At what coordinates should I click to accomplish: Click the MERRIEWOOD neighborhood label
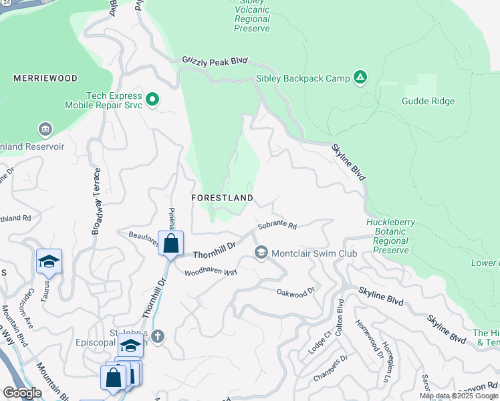tap(45, 78)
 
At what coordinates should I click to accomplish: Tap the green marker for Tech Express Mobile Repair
tap(152, 100)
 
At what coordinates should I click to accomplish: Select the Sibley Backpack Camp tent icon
tap(360, 78)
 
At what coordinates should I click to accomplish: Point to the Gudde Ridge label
tap(428, 102)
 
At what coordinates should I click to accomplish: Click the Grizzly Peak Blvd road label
tap(215, 61)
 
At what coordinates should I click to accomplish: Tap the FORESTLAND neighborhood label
tap(222, 198)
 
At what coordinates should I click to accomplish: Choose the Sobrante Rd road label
tap(277, 226)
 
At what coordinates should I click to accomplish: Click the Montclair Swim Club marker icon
tap(261, 253)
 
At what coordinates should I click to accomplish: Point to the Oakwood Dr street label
tap(295, 292)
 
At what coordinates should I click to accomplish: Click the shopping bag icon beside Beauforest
tap(171, 243)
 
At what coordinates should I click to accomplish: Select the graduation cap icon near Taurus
tap(49, 261)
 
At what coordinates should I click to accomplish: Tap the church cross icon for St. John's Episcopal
tap(157, 336)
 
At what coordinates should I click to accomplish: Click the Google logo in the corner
tap(22, 393)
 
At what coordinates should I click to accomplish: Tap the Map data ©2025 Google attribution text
tap(459, 396)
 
